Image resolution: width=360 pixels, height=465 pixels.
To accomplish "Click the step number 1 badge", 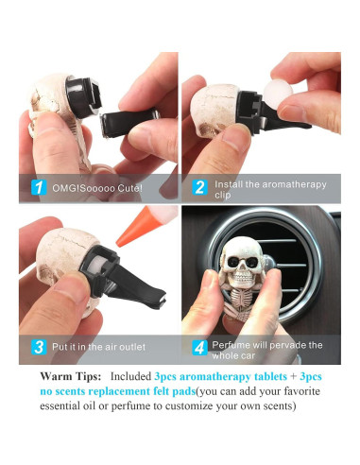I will point(39,187).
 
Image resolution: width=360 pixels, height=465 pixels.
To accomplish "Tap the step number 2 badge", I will point(200,187).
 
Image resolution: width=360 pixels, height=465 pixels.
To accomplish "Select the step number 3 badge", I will point(39,347).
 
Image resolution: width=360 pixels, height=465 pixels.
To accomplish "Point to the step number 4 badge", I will point(200,347).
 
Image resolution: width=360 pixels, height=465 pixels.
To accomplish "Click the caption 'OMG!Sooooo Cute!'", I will point(98,187).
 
